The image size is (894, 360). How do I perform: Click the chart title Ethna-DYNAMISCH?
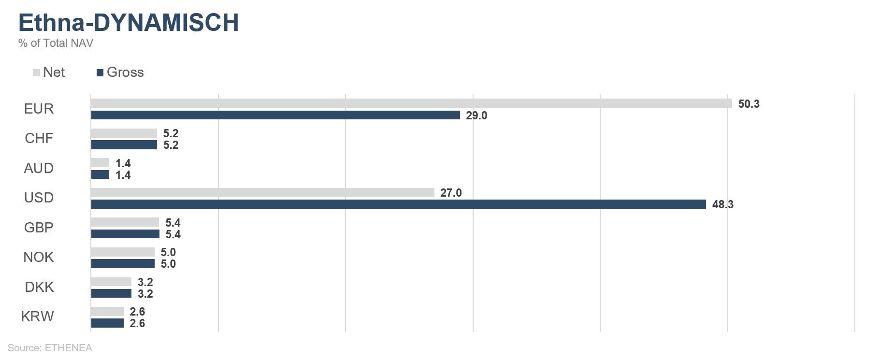[x=129, y=23]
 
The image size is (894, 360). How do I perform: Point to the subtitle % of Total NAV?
[x=56, y=43]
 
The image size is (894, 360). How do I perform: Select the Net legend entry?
[x=49, y=72]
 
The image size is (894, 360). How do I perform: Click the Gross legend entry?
[x=120, y=72]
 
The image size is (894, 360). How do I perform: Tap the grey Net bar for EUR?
[x=411, y=103]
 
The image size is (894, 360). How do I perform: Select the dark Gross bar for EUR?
[x=275, y=115]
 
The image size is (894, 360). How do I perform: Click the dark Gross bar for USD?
[x=398, y=204]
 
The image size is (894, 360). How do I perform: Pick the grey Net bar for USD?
[x=262, y=192]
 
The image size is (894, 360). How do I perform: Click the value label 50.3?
[x=749, y=104]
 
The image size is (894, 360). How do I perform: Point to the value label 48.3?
[x=722, y=204]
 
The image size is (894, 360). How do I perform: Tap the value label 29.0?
[x=476, y=115]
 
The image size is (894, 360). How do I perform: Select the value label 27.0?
[x=451, y=193]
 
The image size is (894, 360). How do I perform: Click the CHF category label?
[x=39, y=139]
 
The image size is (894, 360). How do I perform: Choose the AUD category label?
[x=39, y=168]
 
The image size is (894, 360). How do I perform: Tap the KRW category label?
[x=37, y=317]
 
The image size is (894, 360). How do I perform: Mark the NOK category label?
[x=39, y=257]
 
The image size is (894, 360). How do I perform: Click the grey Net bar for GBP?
[x=125, y=222]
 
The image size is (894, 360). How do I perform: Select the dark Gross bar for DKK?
[x=111, y=293]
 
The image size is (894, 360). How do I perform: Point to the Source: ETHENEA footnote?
[x=50, y=348]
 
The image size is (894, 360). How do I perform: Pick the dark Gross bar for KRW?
[x=107, y=323]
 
